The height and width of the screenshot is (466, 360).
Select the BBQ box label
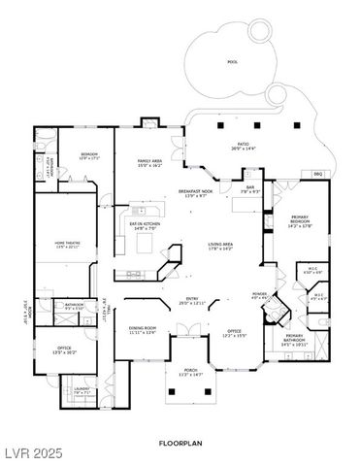coord(316,173)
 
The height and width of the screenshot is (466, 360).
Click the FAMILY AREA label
coord(149,162)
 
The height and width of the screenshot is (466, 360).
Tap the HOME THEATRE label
coord(67,242)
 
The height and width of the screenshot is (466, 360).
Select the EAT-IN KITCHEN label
coord(144,225)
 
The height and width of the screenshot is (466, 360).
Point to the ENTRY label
coord(191,298)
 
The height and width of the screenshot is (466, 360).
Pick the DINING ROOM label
coord(143,328)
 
